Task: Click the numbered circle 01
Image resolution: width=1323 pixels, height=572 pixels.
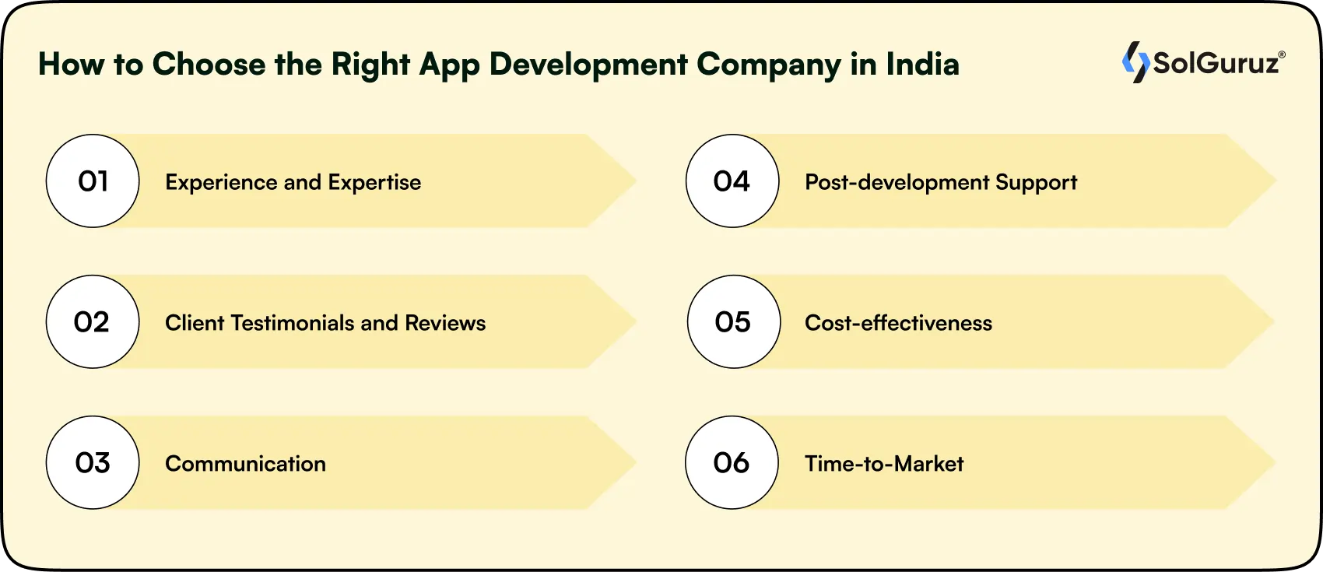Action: tap(93, 181)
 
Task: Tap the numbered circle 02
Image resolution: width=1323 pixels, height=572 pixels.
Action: tap(93, 321)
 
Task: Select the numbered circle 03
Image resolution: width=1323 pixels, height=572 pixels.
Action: tap(93, 462)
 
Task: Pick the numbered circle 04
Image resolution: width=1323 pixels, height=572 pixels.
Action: tap(732, 181)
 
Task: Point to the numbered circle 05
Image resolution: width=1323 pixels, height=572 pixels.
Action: tap(734, 321)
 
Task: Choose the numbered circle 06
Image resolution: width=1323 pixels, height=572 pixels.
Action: tap(732, 462)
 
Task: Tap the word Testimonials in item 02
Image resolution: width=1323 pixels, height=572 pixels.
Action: tap(293, 323)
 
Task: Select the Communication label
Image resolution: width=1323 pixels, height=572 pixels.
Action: tap(246, 464)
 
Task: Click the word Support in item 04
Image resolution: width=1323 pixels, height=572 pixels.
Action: tap(1037, 183)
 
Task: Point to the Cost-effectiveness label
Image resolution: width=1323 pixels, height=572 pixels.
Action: tap(898, 323)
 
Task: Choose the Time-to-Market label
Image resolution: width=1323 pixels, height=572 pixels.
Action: tap(884, 464)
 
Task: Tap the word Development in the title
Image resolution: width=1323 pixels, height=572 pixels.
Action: tap(589, 65)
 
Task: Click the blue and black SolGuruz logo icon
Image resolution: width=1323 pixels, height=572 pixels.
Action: tap(1135, 62)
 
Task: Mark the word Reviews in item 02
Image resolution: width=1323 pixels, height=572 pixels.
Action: tap(445, 323)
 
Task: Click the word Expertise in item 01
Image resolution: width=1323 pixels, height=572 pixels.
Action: tap(375, 183)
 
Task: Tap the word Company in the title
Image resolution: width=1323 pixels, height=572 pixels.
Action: tap(769, 65)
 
